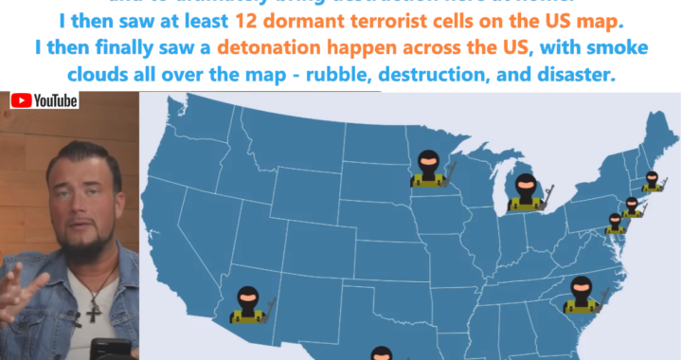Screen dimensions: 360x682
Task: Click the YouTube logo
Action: click(45, 100)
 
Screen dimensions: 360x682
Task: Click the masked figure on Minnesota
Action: click(430, 170)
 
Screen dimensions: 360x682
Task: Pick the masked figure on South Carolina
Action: click(580, 297)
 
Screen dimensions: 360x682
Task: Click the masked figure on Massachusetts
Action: click(653, 182)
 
